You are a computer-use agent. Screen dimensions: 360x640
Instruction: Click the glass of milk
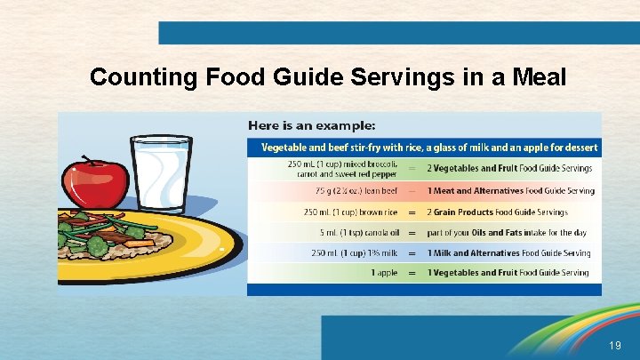click(161, 173)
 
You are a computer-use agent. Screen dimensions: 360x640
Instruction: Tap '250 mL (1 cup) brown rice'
click(349, 212)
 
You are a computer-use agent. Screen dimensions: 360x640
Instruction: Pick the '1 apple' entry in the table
click(385, 273)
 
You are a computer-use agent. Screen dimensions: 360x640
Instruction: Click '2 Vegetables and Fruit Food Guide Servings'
click(510, 168)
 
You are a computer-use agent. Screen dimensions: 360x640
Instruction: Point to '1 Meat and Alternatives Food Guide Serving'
click(511, 191)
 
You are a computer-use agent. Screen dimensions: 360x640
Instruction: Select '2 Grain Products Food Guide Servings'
click(498, 212)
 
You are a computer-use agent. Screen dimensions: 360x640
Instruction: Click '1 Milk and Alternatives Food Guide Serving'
click(508, 253)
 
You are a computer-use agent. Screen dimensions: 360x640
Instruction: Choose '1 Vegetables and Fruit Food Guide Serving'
click(508, 273)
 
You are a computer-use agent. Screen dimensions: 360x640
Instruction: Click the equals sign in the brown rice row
click(412, 212)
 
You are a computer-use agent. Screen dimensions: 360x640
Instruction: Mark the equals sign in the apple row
click(412, 273)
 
